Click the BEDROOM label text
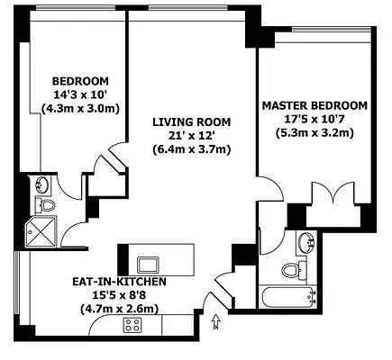(79, 78)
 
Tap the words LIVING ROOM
(190, 121)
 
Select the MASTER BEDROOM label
(315, 104)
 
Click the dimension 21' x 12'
(190, 135)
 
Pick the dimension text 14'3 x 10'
(79, 93)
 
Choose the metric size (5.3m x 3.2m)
(315, 132)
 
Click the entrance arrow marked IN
(214, 319)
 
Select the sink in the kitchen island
(147, 264)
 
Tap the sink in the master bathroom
(306, 240)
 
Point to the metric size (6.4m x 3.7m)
(190, 148)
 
